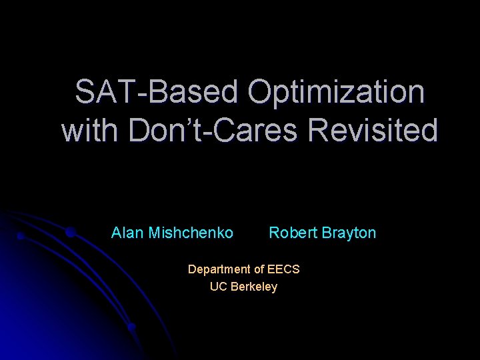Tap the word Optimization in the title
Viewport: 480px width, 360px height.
click(336, 92)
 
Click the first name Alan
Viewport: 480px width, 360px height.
click(127, 233)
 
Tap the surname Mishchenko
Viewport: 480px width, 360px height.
click(191, 233)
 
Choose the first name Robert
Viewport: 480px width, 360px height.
click(291, 233)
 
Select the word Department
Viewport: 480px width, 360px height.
click(218, 269)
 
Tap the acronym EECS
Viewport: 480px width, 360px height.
click(283, 269)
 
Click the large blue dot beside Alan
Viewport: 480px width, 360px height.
click(70, 232)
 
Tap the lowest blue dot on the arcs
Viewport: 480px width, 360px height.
click(132, 327)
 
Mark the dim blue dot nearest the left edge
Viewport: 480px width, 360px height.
click(21, 235)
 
